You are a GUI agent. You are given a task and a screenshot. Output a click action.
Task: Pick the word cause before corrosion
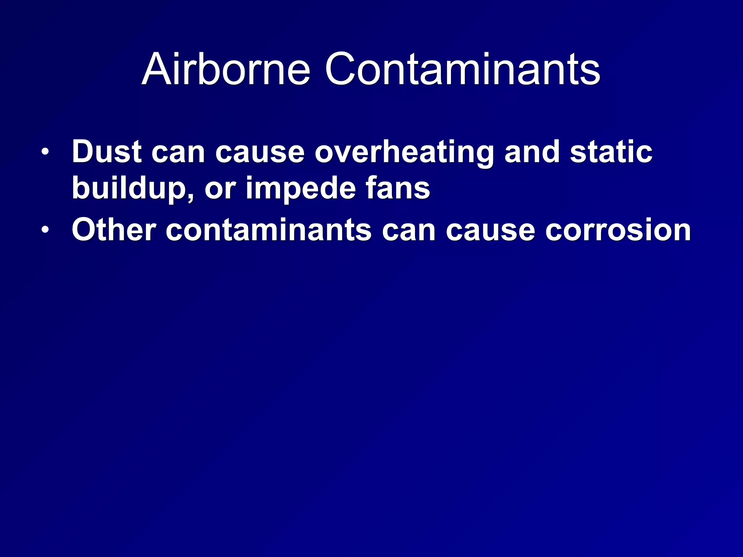[x=490, y=231]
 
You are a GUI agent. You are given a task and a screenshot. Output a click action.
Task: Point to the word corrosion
[x=619, y=231]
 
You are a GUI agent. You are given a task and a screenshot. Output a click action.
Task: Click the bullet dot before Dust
[x=45, y=152]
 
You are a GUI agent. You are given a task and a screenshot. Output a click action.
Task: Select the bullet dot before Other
[x=45, y=230]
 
